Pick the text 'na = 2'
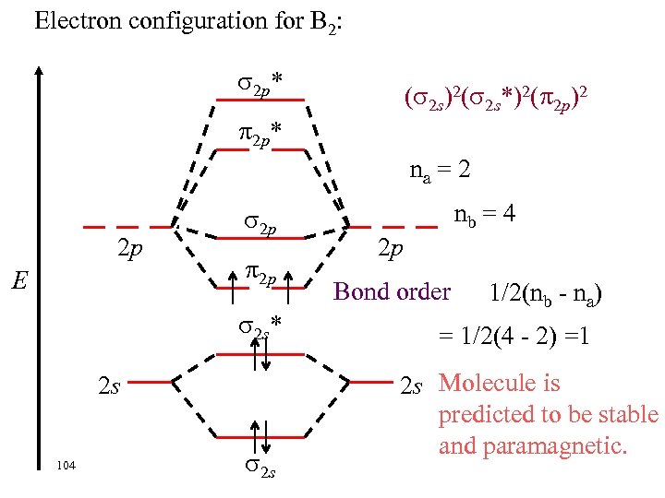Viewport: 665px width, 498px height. click(441, 171)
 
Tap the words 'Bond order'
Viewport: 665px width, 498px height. click(392, 291)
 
